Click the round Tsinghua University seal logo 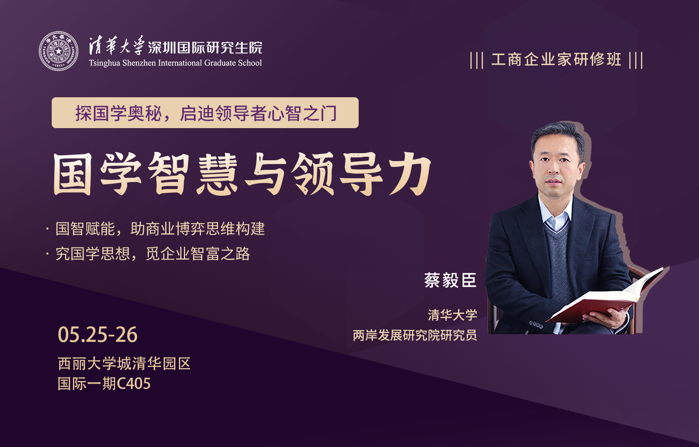58,51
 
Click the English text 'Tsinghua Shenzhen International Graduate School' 175,63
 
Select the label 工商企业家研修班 556,60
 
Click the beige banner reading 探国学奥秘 205,113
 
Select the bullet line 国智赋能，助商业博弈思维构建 160,229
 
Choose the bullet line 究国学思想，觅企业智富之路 153,254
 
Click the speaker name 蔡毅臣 450,280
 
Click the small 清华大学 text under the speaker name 453,315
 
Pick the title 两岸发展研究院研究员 415,335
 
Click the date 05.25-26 98,335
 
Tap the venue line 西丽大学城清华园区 124,364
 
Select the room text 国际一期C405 104,384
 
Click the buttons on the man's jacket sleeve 536,325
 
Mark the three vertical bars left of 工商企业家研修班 477,60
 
